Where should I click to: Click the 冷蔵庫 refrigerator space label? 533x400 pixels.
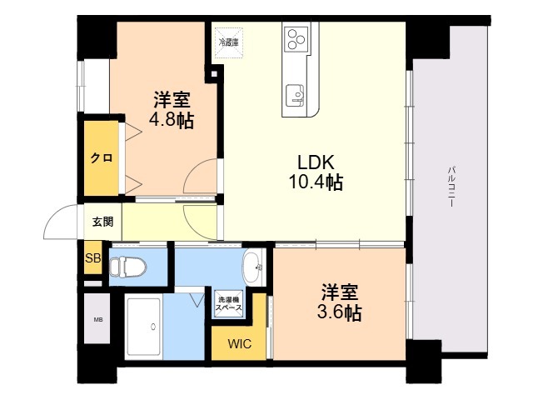[x=229, y=42]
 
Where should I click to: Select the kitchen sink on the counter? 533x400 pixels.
[x=295, y=95]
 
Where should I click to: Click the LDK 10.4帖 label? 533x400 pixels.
[x=316, y=172]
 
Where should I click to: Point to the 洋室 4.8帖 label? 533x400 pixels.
[x=172, y=110]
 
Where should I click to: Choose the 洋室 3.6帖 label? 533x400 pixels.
[x=339, y=302]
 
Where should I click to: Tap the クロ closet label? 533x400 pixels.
[x=102, y=158]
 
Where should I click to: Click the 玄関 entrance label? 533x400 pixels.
[x=103, y=222]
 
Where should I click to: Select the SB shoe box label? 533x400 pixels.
[x=92, y=258]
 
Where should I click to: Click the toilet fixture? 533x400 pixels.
[x=127, y=267]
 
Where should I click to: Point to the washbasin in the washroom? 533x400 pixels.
[x=253, y=267]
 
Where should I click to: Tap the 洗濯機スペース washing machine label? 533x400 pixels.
[x=229, y=303]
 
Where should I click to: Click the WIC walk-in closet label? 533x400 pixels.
[x=240, y=343]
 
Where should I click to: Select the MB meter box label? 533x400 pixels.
[x=98, y=320]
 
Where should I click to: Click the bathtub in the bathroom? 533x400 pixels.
[x=142, y=327]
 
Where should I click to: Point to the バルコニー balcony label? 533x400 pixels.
[x=451, y=187]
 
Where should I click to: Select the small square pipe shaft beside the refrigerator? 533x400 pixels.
[x=214, y=73]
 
